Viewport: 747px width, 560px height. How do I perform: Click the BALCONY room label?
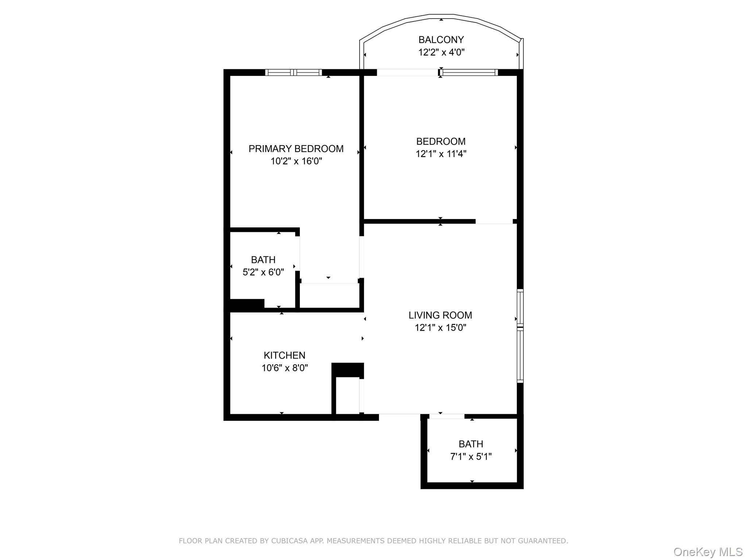click(441, 39)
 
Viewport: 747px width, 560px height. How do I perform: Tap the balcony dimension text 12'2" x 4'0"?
click(441, 52)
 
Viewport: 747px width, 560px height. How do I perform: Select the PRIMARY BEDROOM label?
click(296, 149)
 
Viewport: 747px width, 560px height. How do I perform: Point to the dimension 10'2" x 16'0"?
click(296, 161)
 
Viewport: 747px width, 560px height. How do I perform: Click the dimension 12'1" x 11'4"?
click(441, 154)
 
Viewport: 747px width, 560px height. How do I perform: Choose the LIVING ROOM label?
click(440, 315)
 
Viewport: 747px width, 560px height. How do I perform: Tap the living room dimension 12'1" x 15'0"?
click(440, 327)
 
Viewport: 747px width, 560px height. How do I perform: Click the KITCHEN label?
click(285, 355)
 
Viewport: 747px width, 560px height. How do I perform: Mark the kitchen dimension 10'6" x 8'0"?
click(285, 368)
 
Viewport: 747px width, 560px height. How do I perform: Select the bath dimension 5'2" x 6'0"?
click(263, 272)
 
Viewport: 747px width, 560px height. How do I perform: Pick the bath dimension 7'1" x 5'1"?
click(471, 456)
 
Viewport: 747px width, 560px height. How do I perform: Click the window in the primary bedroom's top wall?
click(293, 73)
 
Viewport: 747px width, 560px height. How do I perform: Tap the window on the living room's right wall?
click(520, 336)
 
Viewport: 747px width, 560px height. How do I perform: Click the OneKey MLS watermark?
click(708, 552)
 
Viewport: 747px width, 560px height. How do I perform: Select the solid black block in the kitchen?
click(348, 370)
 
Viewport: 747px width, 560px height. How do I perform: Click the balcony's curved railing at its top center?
click(441, 16)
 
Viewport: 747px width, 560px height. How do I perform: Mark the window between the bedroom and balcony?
click(469, 73)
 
